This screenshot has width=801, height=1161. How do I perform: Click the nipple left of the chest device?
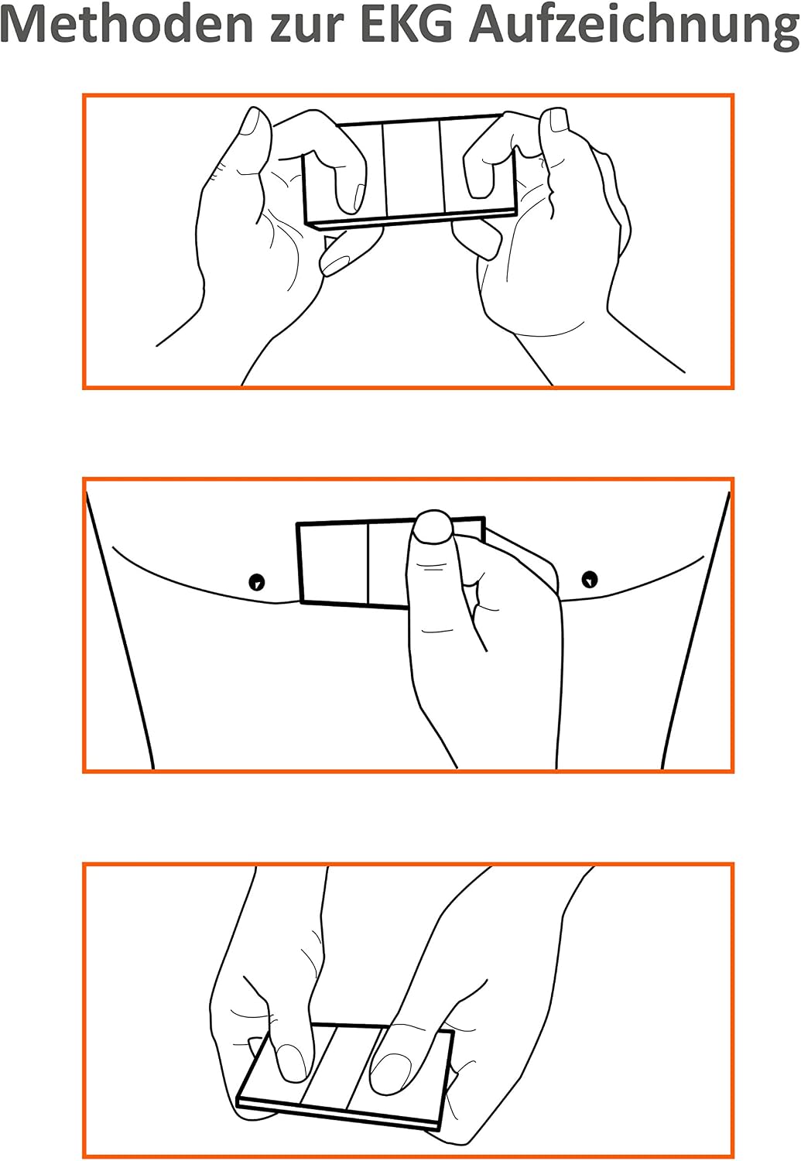point(257,581)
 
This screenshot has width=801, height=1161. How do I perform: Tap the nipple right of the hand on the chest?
point(590,579)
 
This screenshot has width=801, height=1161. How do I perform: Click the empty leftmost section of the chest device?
point(334,563)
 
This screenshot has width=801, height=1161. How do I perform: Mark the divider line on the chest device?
point(368,564)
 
